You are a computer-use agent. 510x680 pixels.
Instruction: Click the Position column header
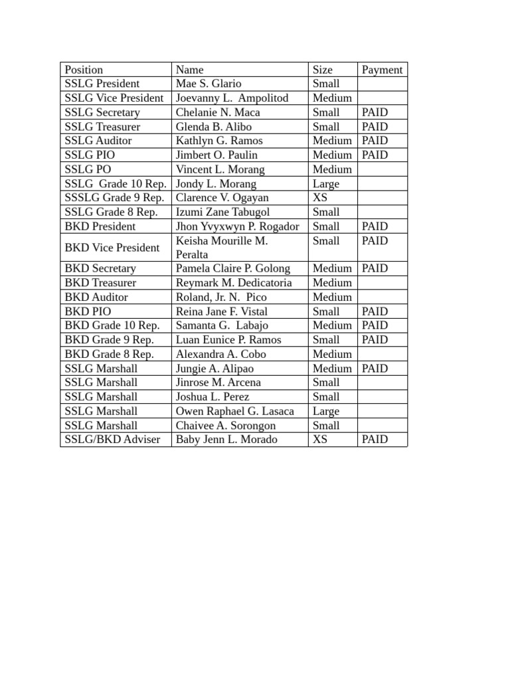[84, 70]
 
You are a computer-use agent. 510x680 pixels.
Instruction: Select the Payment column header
[382, 70]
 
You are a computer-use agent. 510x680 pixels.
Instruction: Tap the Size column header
[323, 70]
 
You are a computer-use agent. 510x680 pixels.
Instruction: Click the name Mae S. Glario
[209, 84]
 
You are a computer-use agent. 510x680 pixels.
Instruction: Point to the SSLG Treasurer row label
[102, 127]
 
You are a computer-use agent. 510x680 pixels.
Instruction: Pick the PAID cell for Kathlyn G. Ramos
[375, 141]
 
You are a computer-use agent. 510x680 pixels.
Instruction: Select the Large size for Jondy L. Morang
[326, 184]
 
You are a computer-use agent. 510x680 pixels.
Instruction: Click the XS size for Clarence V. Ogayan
[320, 198]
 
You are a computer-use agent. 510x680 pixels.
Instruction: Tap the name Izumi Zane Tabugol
[222, 212]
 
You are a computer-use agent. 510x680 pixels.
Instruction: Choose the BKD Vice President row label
[112, 248]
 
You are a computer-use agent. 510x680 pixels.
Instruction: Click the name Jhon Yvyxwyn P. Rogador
[237, 226]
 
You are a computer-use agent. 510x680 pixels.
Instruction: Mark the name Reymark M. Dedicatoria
[234, 283]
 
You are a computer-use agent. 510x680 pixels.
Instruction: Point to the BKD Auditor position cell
[96, 297]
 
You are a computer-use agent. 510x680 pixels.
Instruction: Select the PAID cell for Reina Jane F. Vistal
[375, 311]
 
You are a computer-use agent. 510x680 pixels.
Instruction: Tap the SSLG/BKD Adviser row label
[112, 440]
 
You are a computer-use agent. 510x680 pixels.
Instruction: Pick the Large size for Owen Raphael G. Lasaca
[326, 411]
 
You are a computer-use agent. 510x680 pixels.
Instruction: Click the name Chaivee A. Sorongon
[226, 426]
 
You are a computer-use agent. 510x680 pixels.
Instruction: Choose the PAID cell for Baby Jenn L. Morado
[375, 440]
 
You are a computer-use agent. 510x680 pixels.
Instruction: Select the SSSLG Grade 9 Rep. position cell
[114, 198]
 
